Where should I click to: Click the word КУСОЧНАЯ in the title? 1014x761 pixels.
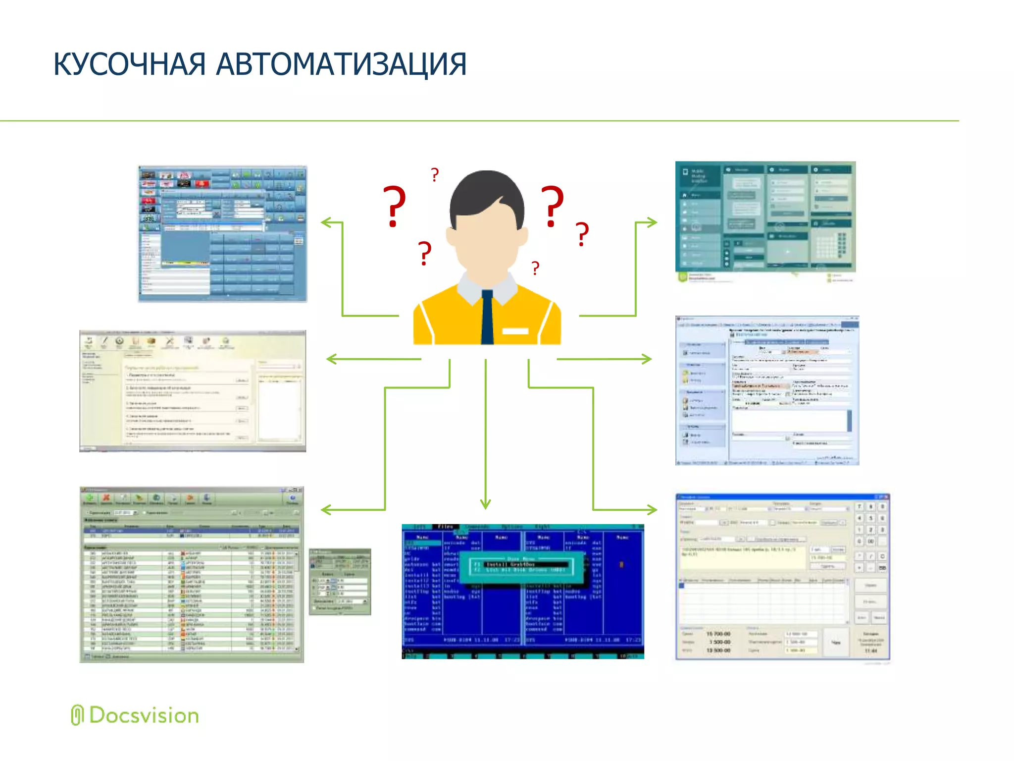pos(130,64)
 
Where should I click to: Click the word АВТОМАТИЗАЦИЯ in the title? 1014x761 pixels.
pos(342,64)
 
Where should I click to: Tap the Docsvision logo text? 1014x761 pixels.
pos(144,716)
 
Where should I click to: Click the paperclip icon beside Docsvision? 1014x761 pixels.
pos(77,715)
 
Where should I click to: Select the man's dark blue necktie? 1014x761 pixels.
pos(487,317)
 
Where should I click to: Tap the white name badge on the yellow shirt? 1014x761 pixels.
pos(515,331)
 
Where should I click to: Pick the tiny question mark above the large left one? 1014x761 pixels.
pos(435,175)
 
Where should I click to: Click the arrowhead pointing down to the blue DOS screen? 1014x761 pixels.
pos(486,504)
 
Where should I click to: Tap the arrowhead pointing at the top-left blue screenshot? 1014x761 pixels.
pos(327,222)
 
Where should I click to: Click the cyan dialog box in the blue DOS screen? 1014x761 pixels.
pos(521,567)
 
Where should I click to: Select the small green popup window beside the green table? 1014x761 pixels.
pos(340,581)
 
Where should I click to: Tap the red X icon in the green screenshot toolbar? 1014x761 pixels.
pos(106,497)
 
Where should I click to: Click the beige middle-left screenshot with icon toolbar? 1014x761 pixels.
pos(193,391)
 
